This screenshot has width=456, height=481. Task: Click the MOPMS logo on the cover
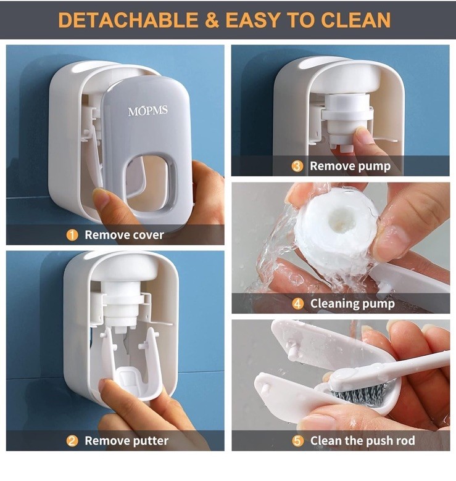pyautogui.click(x=147, y=111)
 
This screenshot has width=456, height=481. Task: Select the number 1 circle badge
pyautogui.click(x=73, y=235)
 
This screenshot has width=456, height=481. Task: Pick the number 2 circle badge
pyautogui.click(x=73, y=440)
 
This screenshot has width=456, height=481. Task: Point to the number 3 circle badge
pyautogui.click(x=297, y=166)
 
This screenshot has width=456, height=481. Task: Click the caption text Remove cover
pyautogui.click(x=124, y=235)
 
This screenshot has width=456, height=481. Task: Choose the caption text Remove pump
pyautogui.click(x=350, y=166)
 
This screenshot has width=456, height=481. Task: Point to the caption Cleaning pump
pyautogui.click(x=352, y=303)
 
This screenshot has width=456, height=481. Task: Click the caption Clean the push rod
pyautogui.click(x=362, y=440)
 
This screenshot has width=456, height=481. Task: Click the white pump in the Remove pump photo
pyautogui.click(x=349, y=114)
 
